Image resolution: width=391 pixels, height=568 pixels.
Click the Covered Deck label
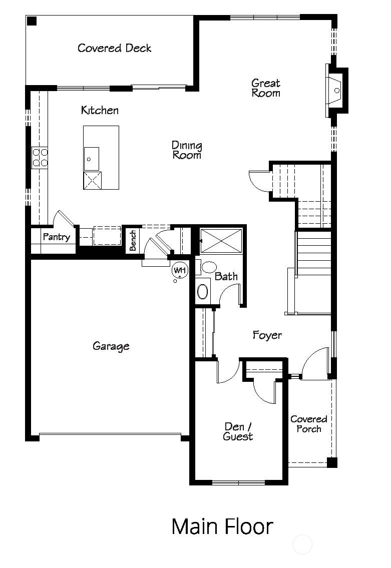(x=114, y=48)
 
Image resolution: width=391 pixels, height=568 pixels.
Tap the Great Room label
(x=266, y=88)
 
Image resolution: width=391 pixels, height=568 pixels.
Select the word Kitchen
(x=100, y=110)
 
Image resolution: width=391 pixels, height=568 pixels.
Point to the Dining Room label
(x=187, y=150)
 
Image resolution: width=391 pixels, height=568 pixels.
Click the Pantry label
(x=56, y=237)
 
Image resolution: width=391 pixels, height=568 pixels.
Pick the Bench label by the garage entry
(x=133, y=241)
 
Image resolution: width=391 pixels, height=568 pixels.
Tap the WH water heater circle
(x=179, y=270)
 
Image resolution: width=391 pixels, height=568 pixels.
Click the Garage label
(x=111, y=346)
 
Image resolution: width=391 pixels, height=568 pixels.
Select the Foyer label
(x=267, y=335)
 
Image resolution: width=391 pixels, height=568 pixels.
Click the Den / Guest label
(x=238, y=431)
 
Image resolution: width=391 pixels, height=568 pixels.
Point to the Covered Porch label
(x=309, y=424)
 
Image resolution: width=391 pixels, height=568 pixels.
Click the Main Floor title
(x=222, y=526)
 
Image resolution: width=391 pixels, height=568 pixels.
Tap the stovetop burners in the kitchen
(x=40, y=157)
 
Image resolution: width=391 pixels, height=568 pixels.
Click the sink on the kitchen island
(x=91, y=159)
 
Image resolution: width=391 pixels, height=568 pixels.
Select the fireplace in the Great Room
(x=336, y=91)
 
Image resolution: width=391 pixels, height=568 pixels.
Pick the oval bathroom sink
(x=202, y=291)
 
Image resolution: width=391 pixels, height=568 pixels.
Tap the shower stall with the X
(x=221, y=240)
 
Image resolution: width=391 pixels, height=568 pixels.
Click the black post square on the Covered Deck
(x=32, y=21)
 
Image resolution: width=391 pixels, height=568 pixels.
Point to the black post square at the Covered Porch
(x=331, y=462)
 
